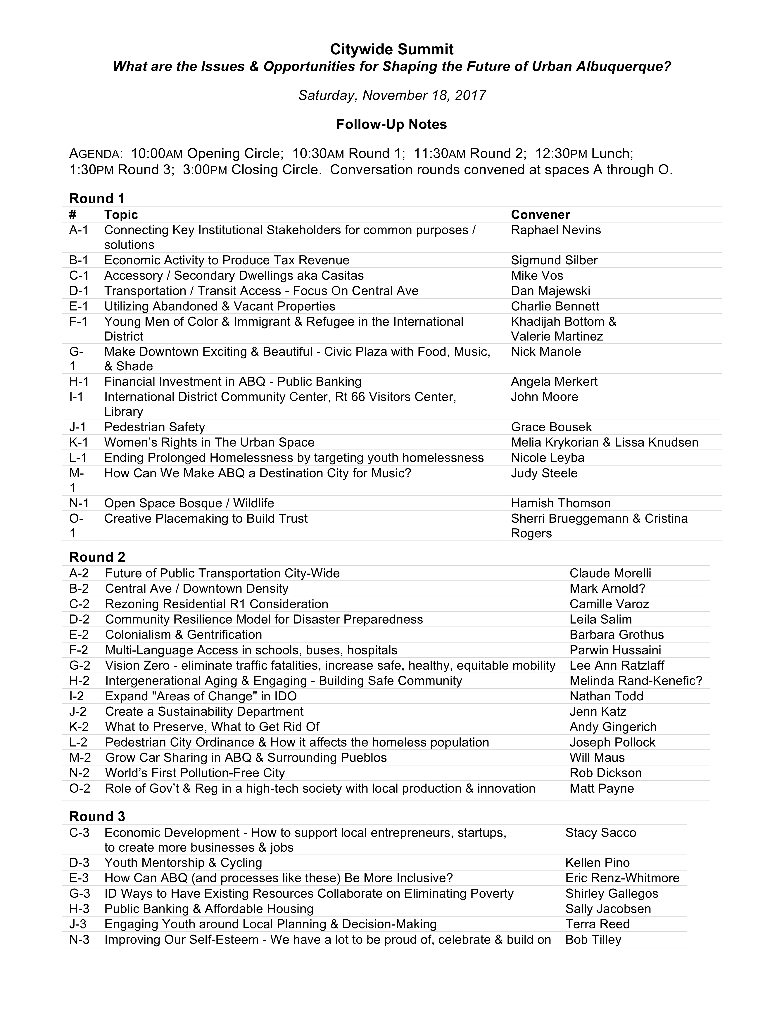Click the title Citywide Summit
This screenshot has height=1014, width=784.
391,49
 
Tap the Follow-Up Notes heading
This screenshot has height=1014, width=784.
391,124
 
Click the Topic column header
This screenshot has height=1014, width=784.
121,214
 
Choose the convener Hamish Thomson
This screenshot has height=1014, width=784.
561,503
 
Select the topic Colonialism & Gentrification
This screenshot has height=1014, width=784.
184,635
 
